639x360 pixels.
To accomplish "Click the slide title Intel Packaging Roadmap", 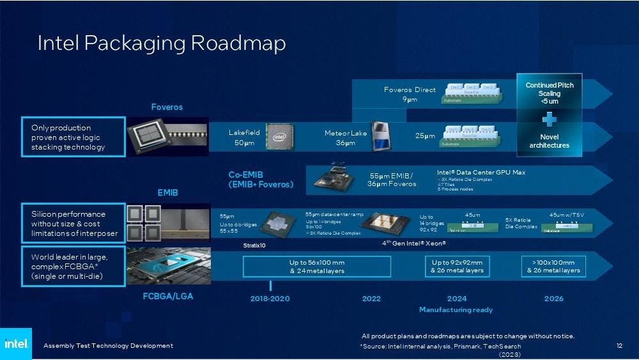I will click(161, 43).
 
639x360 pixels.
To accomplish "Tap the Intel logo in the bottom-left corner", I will click(15, 344).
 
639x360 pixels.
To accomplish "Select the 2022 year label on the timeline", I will click(371, 299).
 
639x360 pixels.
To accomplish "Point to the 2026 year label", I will click(553, 299).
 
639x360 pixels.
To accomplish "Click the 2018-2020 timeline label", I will click(271, 299).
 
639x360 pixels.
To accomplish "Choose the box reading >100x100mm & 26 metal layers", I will click(553, 266).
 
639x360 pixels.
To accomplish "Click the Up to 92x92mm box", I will click(457, 266).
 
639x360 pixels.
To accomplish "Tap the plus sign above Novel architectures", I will click(549, 120).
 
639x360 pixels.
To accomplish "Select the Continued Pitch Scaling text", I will click(550, 93).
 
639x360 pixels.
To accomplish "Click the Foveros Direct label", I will click(410, 90).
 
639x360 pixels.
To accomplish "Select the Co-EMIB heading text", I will click(261, 179).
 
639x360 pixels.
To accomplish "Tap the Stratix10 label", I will click(254, 245).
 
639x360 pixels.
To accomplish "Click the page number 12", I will click(619, 346).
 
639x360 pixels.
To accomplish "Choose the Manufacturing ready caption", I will click(456, 310).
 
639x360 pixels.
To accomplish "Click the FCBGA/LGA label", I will click(167, 297).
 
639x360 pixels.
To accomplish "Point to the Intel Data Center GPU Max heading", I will click(481, 172).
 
